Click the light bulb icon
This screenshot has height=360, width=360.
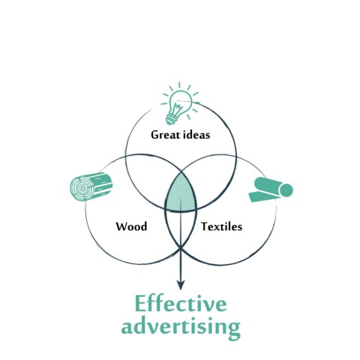pyautogui.click(x=179, y=103)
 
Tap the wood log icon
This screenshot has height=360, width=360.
pyautogui.click(x=91, y=187)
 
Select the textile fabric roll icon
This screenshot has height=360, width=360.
pyautogui.click(x=271, y=190)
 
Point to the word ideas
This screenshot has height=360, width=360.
pyautogui.click(x=196, y=134)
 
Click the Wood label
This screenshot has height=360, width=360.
pyautogui.click(x=131, y=226)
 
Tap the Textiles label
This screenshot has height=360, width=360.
pyautogui.click(x=222, y=226)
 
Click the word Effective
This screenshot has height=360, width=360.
pyautogui.click(x=181, y=303)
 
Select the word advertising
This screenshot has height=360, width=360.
pyautogui.click(x=181, y=326)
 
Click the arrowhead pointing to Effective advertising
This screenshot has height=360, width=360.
pyautogui.click(x=181, y=285)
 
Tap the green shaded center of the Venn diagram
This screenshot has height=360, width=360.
pyautogui.click(x=181, y=193)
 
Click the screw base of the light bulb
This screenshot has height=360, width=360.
pyautogui.click(x=171, y=119)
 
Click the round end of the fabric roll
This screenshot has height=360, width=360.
pyautogui.click(x=286, y=190)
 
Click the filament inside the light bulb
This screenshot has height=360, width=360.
pyautogui.click(x=178, y=108)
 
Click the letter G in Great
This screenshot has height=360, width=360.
pyautogui.click(x=155, y=135)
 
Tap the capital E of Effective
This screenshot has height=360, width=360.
pyautogui.click(x=140, y=304)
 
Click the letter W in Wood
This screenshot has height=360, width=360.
pyautogui.click(x=122, y=226)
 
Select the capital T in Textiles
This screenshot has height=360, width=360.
pyautogui.click(x=205, y=226)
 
